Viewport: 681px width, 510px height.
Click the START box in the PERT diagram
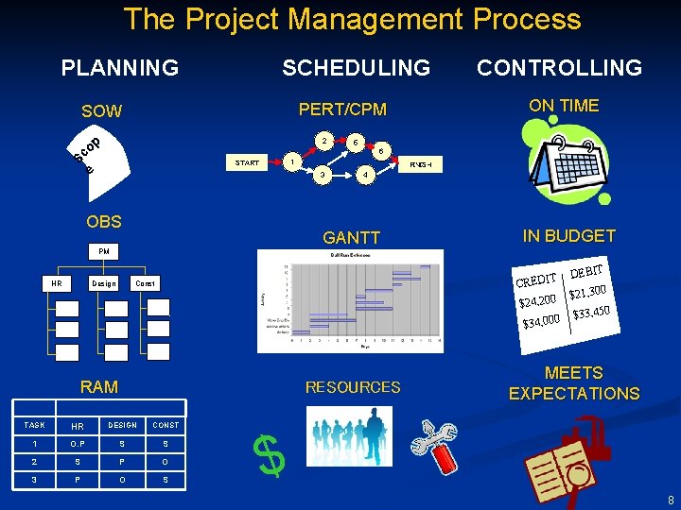[248, 162]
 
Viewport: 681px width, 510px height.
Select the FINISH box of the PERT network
[421, 164]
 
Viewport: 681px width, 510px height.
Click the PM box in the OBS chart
[103, 252]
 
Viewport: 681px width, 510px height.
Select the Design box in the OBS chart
[103, 283]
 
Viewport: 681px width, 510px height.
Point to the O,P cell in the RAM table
[78, 444]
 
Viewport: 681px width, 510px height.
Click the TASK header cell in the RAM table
[34, 425]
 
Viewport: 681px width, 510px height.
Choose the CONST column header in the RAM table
[165, 425]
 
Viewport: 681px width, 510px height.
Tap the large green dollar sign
[271, 458]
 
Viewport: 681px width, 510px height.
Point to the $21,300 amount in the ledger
[586, 295]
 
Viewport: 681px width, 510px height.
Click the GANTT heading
[352, 238]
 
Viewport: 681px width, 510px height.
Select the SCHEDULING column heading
[356, 67]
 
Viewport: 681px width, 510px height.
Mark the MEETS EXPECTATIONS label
[574, 383]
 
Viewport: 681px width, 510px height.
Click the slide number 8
[669, 500]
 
